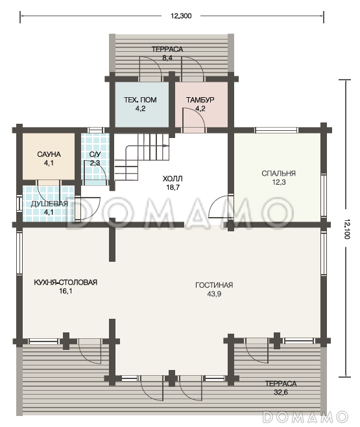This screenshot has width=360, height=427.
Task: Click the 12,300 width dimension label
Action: coord(181,16)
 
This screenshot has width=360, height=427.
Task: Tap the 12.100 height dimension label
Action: coord(346,229)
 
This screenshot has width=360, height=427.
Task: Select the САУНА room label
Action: coord(49,154)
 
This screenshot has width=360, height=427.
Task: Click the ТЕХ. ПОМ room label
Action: coord(140,100)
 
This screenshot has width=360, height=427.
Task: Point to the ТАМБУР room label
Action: coord(200,100)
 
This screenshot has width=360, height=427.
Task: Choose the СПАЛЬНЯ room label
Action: coord(278,174)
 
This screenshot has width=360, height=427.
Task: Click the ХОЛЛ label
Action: coord(173,179)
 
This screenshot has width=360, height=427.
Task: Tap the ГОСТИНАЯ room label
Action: coord(214,285)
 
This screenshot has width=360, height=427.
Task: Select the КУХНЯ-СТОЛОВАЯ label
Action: coord(66,283)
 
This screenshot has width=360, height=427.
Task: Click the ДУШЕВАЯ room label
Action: coord(49,203)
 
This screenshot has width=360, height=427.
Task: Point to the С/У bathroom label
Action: coord(95,154)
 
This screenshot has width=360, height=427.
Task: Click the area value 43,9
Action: coord(214,294)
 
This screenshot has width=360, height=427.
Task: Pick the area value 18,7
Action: coord(173,187)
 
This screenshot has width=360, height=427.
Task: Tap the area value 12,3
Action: coord(279,182)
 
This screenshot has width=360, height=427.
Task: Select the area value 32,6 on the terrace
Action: coord(281,392)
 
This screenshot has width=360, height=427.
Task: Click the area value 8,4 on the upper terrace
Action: coord(167,58)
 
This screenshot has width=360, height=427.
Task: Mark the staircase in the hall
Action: coord(142,157)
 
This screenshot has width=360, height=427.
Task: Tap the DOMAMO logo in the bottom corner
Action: coord(306,417)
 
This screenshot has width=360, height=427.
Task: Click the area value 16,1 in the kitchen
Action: coord(66,291)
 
